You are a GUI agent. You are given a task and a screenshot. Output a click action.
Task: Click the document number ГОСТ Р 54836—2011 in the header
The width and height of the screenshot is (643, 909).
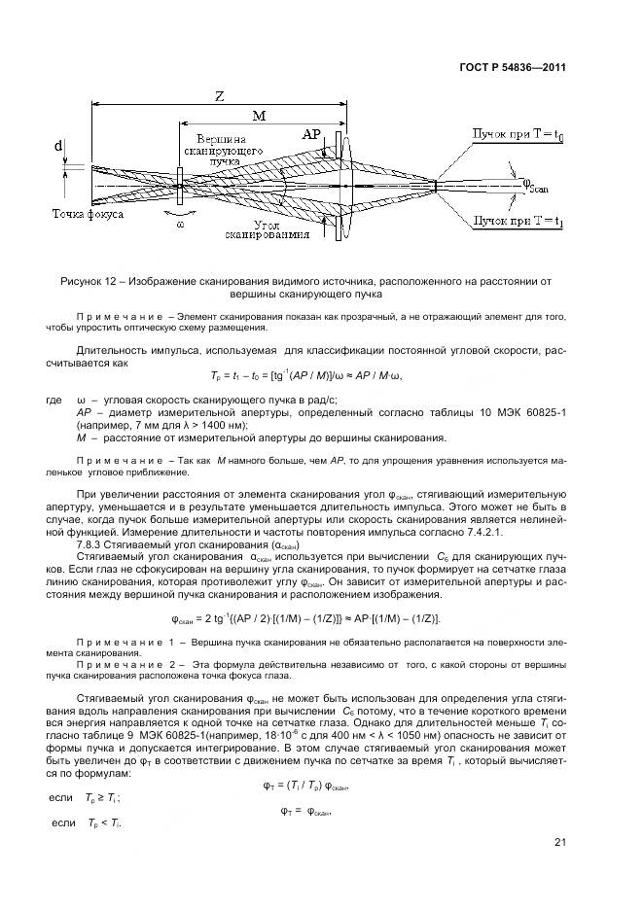[x=513, y=68]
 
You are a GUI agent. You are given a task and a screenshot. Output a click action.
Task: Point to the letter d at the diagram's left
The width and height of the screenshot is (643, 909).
[x=58, y=148]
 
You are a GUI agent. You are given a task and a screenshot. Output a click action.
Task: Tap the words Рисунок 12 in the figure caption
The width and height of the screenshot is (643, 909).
[x=89, y=281]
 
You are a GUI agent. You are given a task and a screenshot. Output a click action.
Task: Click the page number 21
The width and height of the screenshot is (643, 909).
[x=558, y=842]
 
